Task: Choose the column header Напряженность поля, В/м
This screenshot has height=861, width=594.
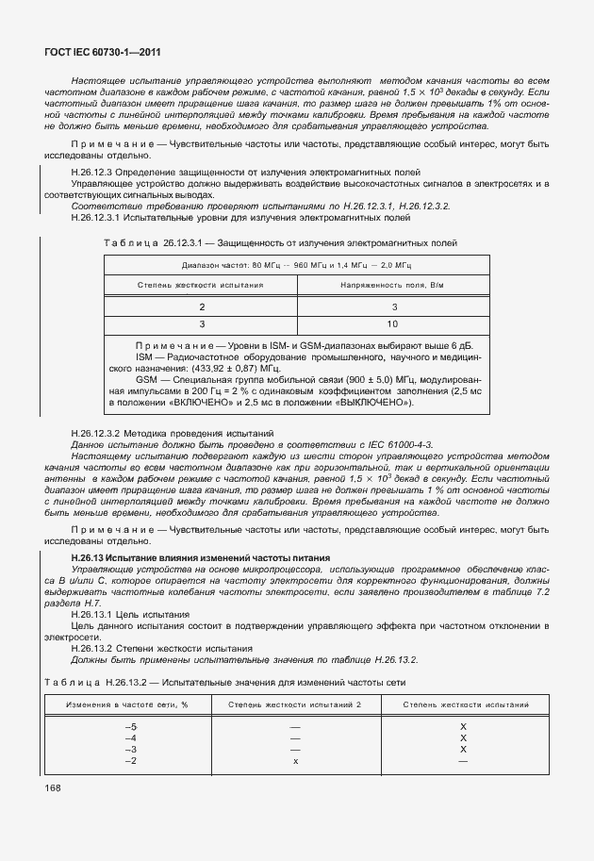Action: coord(392,284)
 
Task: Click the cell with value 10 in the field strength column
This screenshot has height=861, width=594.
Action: coord(393,323)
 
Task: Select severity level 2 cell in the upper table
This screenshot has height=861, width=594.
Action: coord(200,307)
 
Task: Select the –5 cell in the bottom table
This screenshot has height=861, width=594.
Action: coord(131,726)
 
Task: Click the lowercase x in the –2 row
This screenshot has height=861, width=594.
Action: coord(295,760)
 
